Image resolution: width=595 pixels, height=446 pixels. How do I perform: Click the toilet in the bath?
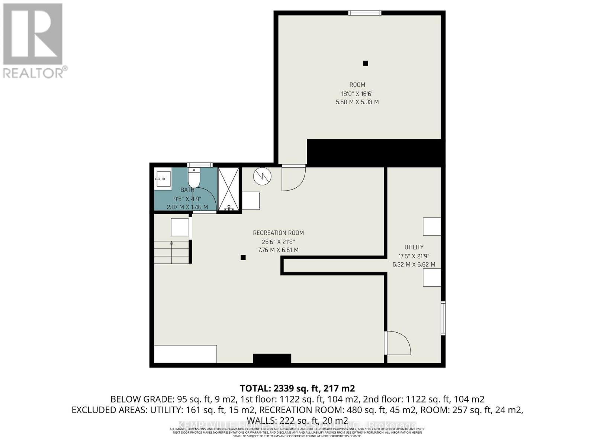(x=194, y=178)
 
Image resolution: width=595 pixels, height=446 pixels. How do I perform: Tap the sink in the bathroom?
(x=163, y=179)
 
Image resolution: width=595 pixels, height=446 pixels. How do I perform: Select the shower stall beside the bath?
(x=228, y=190)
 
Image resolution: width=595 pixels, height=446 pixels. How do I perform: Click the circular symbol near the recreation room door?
(x=262, y=176)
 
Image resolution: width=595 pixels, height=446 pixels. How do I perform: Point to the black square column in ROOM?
(x=365, y=64)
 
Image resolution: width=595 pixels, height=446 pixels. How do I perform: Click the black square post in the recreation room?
(x=243, y=257)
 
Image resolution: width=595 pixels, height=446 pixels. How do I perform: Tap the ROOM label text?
(x=357, y=85)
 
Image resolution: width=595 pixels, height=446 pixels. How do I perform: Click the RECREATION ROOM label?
(x=278, y=233)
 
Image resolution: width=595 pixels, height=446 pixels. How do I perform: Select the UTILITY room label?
(x=414, y=247)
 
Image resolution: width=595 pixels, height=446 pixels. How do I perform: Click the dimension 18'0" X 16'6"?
(x=357, y=94)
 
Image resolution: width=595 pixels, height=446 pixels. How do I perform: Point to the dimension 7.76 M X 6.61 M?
(x=278, y=250)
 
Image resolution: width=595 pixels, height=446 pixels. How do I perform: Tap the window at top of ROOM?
(x=364, y=13)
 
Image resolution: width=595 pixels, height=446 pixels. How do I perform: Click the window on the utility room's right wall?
(x=443, y=318)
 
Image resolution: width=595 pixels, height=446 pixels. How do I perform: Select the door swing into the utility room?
(x=398, y=343)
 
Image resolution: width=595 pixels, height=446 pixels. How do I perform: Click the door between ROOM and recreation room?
(x=293, y=178)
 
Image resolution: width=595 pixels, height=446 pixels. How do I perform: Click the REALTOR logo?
(x=33, y=41)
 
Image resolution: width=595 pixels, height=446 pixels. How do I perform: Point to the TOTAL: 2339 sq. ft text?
(x=297, y=389)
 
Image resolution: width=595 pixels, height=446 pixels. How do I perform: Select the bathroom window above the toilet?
(x=200, y=165)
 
